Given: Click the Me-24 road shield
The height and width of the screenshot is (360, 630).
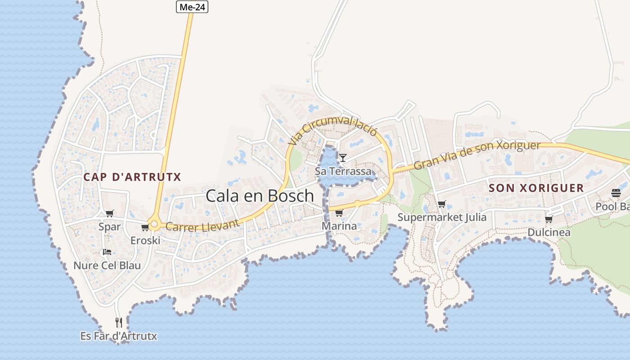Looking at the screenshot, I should click(192, 7).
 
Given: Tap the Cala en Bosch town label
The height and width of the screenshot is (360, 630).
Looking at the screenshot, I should click(260, 196).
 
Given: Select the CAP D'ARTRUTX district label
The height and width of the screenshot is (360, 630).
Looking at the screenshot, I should click(132, 177).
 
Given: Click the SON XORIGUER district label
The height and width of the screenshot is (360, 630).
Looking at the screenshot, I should click(536, 188).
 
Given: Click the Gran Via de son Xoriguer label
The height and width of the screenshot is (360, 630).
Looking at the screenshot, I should click(477, 155).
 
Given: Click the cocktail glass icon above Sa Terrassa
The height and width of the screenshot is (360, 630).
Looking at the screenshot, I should click(343, 157).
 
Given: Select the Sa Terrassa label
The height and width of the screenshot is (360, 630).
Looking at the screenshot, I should click(343, 171).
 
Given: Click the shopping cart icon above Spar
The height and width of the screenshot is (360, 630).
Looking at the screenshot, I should click(110, 213).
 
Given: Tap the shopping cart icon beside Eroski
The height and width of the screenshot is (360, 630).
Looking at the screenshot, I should click(145, 228).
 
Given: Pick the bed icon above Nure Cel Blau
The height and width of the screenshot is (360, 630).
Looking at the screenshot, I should click(107, 252).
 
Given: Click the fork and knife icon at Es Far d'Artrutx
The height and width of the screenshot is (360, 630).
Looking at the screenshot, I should click(119, 322).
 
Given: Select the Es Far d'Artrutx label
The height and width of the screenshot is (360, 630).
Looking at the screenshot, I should click(119, 336).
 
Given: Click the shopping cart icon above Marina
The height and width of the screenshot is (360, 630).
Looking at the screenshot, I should click(339, 212).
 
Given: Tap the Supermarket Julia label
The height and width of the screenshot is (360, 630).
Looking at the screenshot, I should click(442, 217).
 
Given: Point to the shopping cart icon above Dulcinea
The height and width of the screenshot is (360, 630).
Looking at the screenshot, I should click(549, 219).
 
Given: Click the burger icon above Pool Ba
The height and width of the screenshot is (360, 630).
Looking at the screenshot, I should click(616, 193).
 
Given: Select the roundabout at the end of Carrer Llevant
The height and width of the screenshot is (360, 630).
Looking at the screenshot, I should click(154, 224).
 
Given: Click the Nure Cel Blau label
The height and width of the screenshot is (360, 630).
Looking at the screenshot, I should click(107, 265).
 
